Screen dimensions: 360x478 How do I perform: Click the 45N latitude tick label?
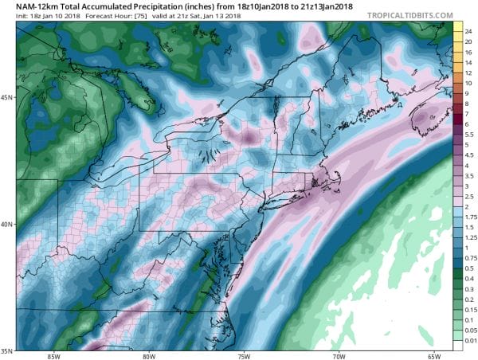(x=8, y=98)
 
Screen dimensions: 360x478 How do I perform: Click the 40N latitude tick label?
(x=8, y=224)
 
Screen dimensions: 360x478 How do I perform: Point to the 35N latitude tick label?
(x=8, y=350)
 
